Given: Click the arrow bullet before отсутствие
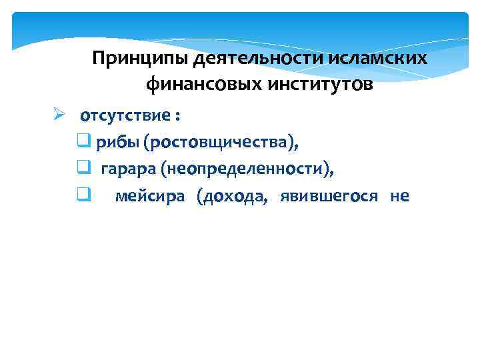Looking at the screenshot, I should click(x=59, y=115).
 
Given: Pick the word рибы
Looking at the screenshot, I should click(x=115, y=142).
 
